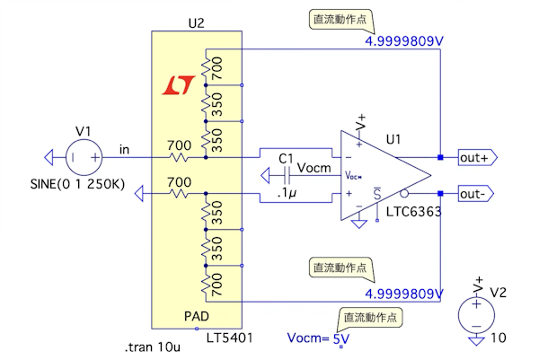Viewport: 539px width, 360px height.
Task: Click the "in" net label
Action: click(x=125, y=148)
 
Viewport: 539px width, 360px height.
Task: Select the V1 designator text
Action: click(x=83, y=131)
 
